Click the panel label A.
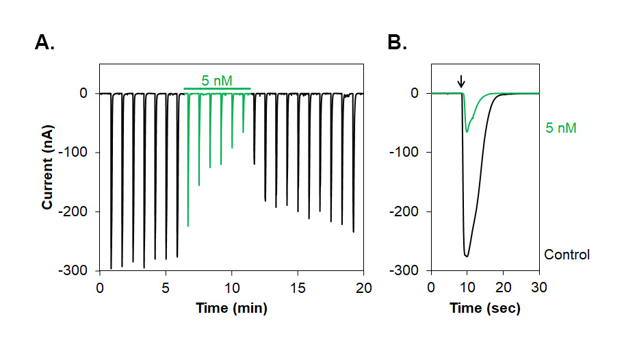(44, 43)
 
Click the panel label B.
(397, 43)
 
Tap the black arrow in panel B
(461, 82)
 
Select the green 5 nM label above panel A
(216, 81)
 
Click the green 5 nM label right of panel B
(561, 128)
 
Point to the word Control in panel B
(567, 255)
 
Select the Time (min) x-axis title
(231, 308)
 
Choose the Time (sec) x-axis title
(485, 308)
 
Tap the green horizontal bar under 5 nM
(217, 89)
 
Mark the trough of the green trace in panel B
(467, 131)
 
